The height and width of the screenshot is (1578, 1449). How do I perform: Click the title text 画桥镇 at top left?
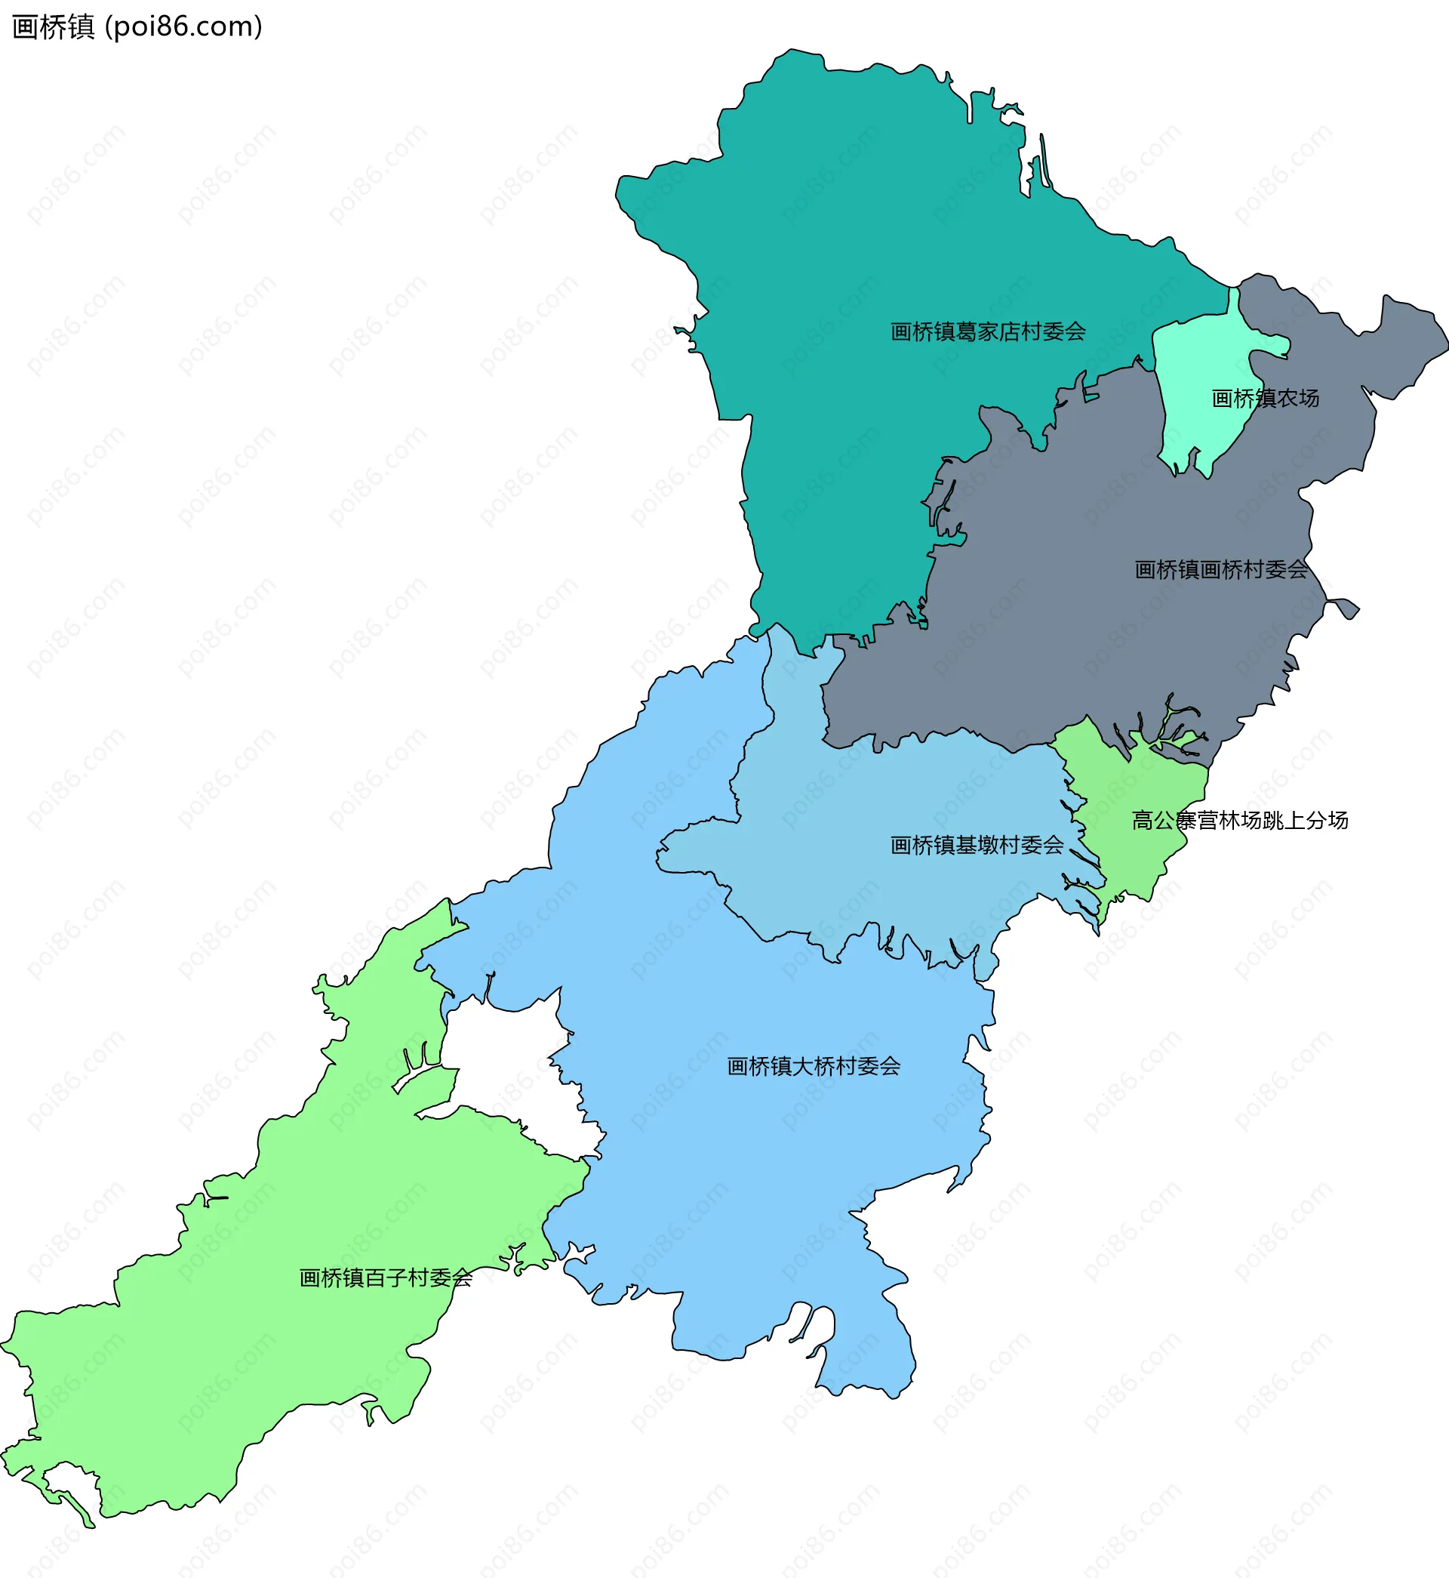tap(54, 27)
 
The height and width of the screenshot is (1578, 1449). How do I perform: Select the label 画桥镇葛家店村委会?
tap(988, 331)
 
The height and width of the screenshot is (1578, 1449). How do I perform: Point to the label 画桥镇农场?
tap(1265, 399)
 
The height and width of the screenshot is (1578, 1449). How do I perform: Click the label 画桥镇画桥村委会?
tap(1221, 569)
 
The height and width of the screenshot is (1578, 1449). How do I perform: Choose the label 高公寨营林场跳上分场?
tap(1240, 821)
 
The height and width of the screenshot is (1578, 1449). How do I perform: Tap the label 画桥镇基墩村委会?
tap(977, 846)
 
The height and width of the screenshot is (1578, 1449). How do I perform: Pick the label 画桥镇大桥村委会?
tap(813, 1067)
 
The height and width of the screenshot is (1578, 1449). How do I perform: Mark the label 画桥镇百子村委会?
tap(386, 1278)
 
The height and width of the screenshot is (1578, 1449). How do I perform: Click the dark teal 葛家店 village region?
tap(847, 236)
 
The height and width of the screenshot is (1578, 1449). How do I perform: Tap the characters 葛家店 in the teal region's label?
tap(987, 331)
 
